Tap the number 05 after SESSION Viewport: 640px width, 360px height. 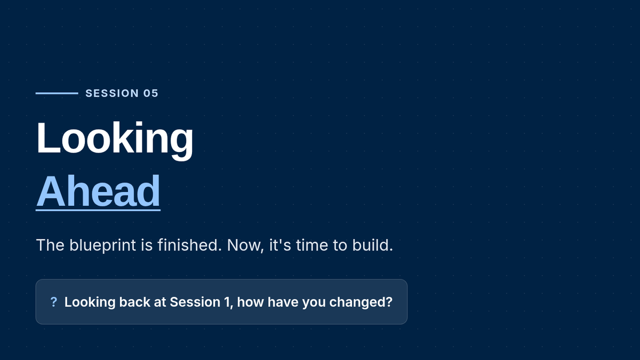pos(150,93)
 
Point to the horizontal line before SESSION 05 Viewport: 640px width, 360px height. pos(57,93)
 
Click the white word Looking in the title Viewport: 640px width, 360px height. pos(115,139)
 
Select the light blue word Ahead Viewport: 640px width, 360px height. pos(98,191)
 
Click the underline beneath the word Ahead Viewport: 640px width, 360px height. pos(98,210)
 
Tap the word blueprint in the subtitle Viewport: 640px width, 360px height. pos(102,245)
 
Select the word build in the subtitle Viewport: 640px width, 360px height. pos(372,245)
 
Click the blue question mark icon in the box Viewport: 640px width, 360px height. pos(53,302)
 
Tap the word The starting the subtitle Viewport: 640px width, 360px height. pos(50,245)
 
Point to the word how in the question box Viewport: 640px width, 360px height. pos(250,302)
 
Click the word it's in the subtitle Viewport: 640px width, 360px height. pos(280,245)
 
